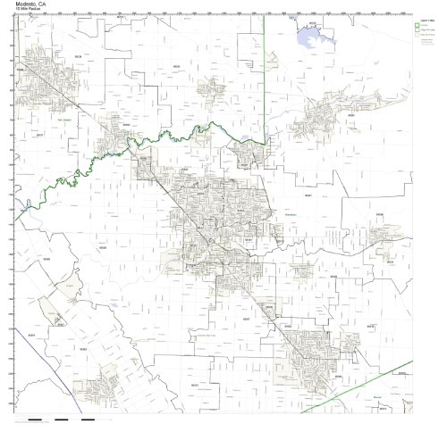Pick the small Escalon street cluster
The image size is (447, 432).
tap(213, 87)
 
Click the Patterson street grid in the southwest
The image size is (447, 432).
tap(107, 384)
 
